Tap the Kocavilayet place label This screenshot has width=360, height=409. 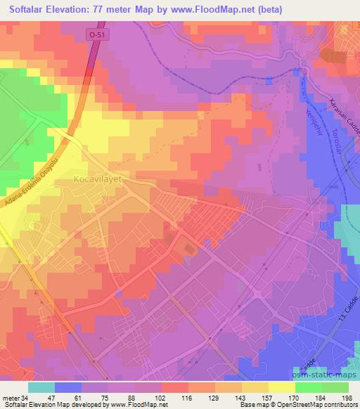pos(98,180)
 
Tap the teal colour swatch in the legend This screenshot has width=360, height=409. pos(41,387)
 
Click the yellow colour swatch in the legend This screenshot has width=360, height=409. pos(281,387)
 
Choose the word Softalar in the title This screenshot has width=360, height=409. pos(27,10)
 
